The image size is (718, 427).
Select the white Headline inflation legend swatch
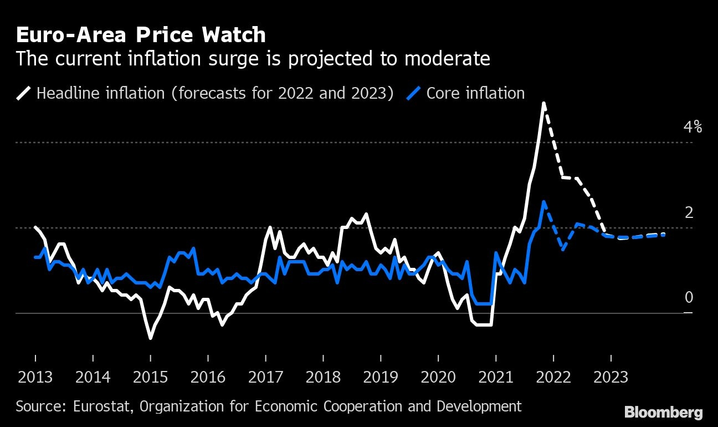(23, 93)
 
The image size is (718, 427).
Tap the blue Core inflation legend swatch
(413, 93)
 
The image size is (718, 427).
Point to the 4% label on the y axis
(693, 127)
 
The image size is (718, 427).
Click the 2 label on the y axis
(689, 212)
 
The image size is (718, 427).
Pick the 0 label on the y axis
(689, 297)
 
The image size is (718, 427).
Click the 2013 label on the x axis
(35, 377)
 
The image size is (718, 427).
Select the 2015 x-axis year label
(150, 377)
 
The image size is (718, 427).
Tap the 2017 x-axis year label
(266, 377)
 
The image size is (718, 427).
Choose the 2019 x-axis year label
(381, 377)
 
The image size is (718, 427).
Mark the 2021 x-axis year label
(496, 377)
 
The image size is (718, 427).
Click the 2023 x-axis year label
(611, 377)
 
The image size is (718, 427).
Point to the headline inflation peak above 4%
(543, 103)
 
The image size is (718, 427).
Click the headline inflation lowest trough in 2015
(150, 338)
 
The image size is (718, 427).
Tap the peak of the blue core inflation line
(543, 202)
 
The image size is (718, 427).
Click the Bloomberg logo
(664, 412)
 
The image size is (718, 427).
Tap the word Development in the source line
(479, 406)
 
